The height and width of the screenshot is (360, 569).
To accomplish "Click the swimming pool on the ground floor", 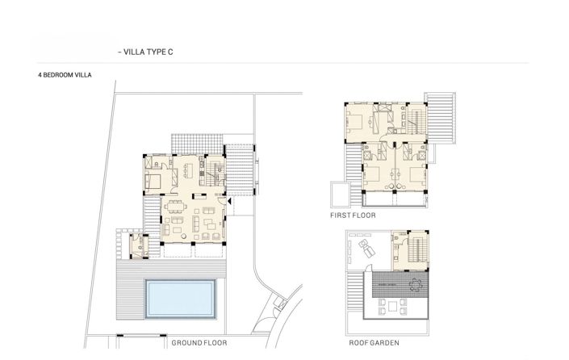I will (181, 298).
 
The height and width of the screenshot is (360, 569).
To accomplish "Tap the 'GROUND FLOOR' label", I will (199, 343).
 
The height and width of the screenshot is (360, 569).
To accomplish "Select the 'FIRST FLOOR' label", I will (353, 216).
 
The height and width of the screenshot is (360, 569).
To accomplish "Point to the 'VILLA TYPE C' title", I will (148, 51).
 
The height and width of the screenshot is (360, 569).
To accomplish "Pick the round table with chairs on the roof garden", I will (416, 283).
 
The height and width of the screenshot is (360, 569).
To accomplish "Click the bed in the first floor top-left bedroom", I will (355, 123).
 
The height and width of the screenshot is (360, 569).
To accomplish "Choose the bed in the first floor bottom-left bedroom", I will (374, 172).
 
